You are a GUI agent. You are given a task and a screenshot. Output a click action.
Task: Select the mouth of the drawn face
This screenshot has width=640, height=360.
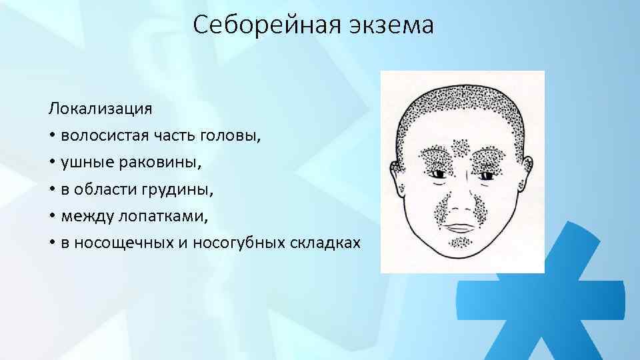(461, 225)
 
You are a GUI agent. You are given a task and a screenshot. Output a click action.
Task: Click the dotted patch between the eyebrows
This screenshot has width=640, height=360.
(461, 147)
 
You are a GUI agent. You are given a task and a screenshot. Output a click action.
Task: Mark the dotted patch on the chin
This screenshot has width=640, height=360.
(460, 242)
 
